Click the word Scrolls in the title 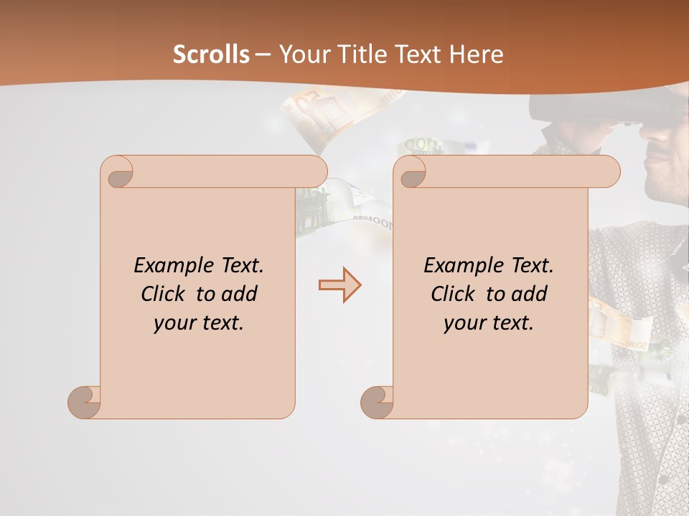tap(211, 54)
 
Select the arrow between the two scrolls tap(339, 285)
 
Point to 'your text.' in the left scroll tap(199, 322)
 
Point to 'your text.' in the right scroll tap(489, 322)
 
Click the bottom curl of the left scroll tap(85, 402)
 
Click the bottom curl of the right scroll tap(377, 402)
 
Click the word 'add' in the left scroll tap(240, 294)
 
